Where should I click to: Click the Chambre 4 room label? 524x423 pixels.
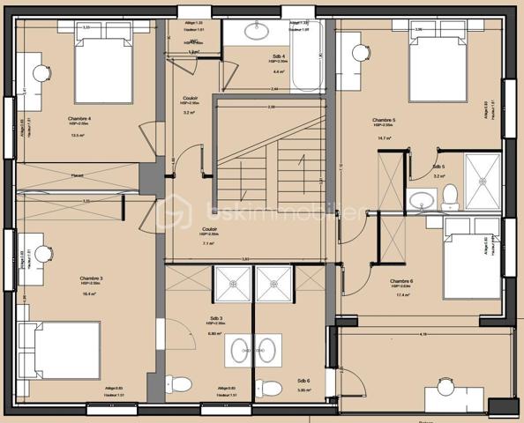point(79,118)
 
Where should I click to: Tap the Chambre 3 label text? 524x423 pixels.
point(91,278)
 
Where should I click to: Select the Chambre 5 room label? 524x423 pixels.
point(383,120)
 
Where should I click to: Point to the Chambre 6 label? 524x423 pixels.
point(401,282)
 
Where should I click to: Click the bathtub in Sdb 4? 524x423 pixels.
point(310,56)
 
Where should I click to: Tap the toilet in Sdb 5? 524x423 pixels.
point(449,195)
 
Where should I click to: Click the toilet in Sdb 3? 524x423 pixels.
point(179,385)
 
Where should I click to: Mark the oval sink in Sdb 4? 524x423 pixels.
point(259,33)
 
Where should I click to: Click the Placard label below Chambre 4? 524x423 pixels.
point(79,175)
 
